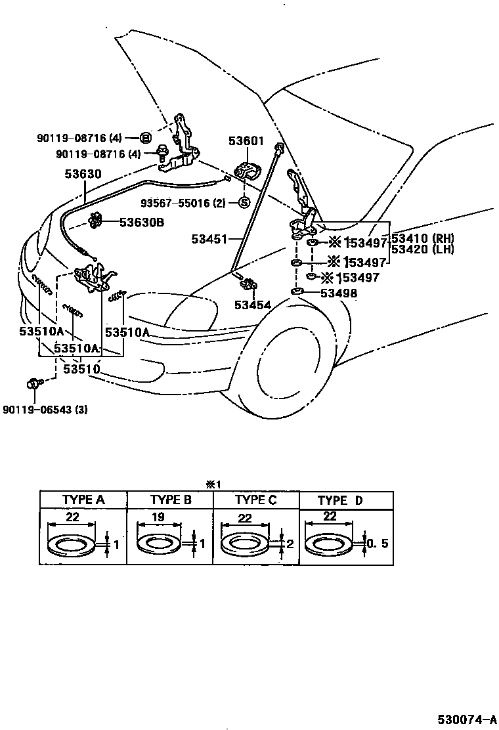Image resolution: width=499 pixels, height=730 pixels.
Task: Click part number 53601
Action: click(x=246, y=140)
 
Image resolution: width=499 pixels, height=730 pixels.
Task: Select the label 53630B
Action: click(x=141, y=222)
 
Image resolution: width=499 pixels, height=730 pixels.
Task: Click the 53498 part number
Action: click(x=339, y=293)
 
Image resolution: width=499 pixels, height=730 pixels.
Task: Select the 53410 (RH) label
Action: click(x=423, y=238)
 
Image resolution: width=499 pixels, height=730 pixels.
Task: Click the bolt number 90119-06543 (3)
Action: click(x=45, y=410)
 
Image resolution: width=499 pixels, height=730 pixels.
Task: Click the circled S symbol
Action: click(x=243, y=203)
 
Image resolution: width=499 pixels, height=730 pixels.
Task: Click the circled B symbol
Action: click(x=146, y=138)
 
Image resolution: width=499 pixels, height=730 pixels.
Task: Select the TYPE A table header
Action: click(x=83, y=500)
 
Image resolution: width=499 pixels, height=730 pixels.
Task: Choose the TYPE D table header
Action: click(x=339, y=500)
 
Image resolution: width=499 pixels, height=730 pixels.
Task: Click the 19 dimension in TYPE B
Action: click(x=158, y=517)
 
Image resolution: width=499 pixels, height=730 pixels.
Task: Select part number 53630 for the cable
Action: click(x=83, y=175)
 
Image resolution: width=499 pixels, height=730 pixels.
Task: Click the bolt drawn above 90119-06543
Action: click(x=34, y=383)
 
